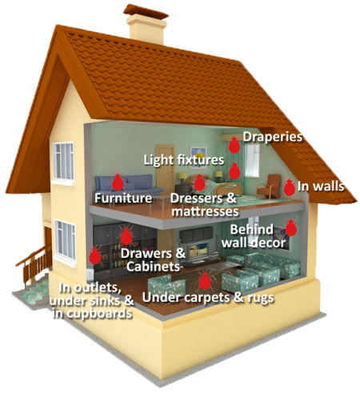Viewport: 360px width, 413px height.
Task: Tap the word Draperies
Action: (273, 137)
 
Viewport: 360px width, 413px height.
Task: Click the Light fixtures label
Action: (184, 160)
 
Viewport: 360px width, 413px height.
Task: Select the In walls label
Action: (321, 186)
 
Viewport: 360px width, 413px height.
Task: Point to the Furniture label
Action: (123, 198)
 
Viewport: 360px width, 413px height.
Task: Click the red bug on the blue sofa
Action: (118, 182)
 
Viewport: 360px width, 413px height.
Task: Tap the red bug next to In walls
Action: (289, 187)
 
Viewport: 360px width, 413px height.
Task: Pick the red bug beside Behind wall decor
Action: (291, 227)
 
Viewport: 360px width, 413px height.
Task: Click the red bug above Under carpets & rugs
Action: (204, 280)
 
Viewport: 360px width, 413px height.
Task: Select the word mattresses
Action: (205, 211)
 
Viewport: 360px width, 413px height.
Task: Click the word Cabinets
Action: (154, 267)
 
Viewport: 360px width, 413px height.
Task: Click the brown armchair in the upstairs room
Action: (268, 186)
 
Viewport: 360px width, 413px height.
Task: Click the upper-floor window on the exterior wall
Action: (63, 162)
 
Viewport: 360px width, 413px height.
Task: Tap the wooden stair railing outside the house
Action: (34, 265)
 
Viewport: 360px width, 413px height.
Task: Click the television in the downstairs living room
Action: (198, 252)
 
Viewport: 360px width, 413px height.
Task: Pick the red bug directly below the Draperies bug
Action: (234, 171)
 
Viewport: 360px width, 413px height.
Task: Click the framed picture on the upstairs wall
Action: (198, 157)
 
